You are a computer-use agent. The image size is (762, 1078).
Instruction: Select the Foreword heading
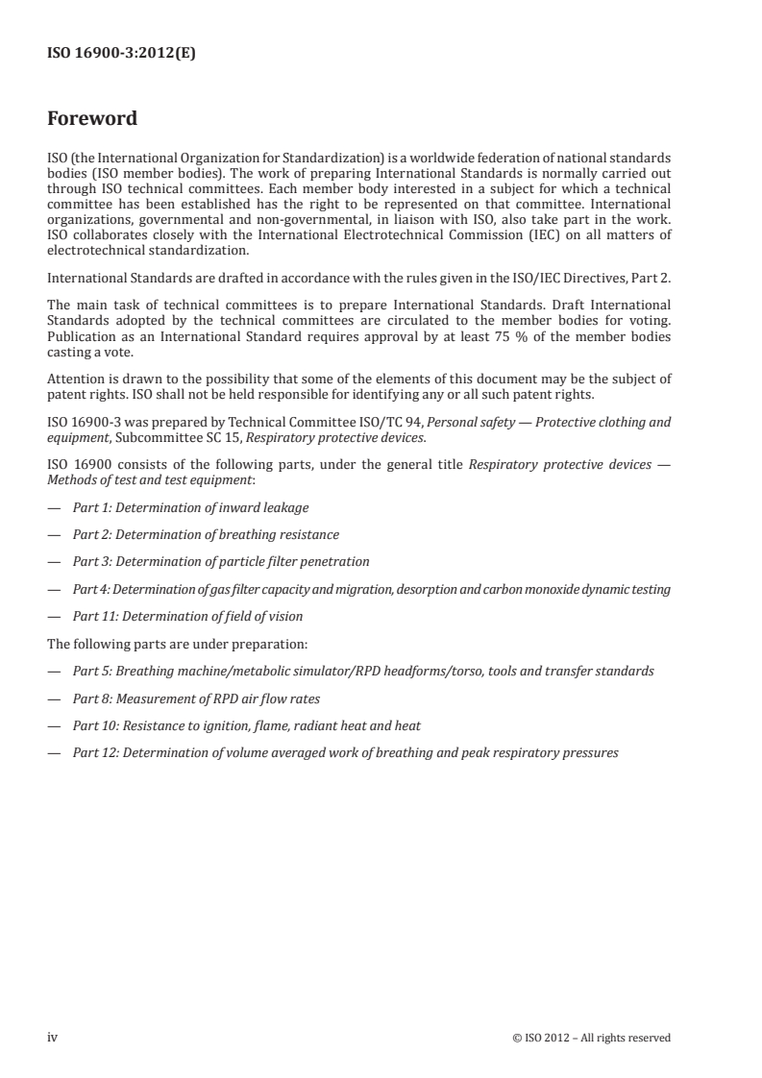click(92, 119)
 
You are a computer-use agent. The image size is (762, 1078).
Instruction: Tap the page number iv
click(53, 1037)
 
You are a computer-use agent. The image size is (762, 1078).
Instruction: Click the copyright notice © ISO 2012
click(592, 1038)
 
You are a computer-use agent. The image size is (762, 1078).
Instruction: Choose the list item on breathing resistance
click(206, 534)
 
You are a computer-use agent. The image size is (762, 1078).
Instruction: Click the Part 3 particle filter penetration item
click(221, 561)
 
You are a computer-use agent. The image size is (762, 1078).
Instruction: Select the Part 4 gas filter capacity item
click(371, 588)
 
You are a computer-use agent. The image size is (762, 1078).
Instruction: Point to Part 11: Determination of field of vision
click(202, 616)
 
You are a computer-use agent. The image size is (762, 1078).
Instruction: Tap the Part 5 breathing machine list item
click(363, 671)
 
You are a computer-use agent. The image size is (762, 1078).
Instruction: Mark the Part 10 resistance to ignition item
click(246, 725)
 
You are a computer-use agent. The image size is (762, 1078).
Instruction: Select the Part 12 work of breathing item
click(345, 753)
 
